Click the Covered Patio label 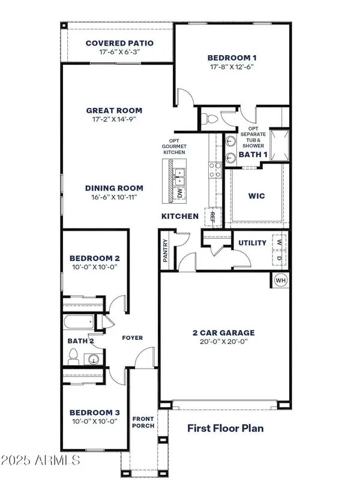(x=119, y=43)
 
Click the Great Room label (x=114, y=110)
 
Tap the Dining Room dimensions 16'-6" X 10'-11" (x=114, y=197)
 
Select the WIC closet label (x=256, y=196)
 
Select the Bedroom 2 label (x=95, y=258)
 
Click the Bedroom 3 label (x=95, y=412)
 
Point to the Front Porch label (x=144, y=422)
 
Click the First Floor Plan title (x=226, y=428)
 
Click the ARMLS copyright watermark (x=41, y=460)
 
